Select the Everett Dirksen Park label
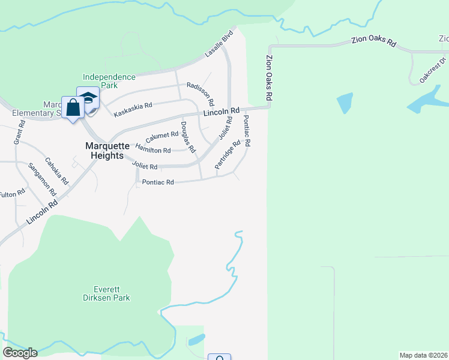[x=106, y=293]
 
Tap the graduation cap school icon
[x=89, y=97]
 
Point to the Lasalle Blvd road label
[x=218, y=46]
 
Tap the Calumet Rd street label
[x=162, y=137]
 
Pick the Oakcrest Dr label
[x=433, y=70]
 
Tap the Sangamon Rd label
[x=41, y=179]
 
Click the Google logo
[x=20, y=353]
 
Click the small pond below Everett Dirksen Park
[x=196, y=340]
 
